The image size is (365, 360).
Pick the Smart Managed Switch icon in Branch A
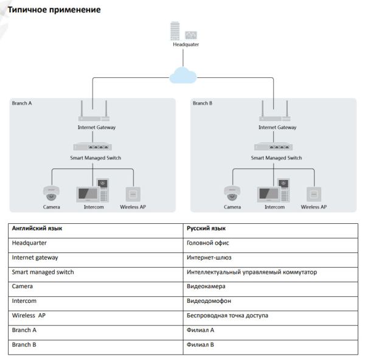[92, 147]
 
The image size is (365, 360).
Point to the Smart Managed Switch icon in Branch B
[273, 147]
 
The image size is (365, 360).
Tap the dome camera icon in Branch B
[232, 193]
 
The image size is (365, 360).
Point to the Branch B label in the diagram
[203, 103]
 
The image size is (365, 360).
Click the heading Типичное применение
[54, 10]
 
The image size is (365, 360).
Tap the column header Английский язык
[37, 229]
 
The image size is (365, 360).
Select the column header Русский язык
[206, 229]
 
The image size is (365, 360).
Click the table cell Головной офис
[208, 243]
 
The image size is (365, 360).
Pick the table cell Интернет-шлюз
[208, 257]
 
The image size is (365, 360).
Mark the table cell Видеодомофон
[209, 301]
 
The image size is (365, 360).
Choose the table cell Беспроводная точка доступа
[227, 316]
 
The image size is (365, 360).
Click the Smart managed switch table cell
[43, 272]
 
